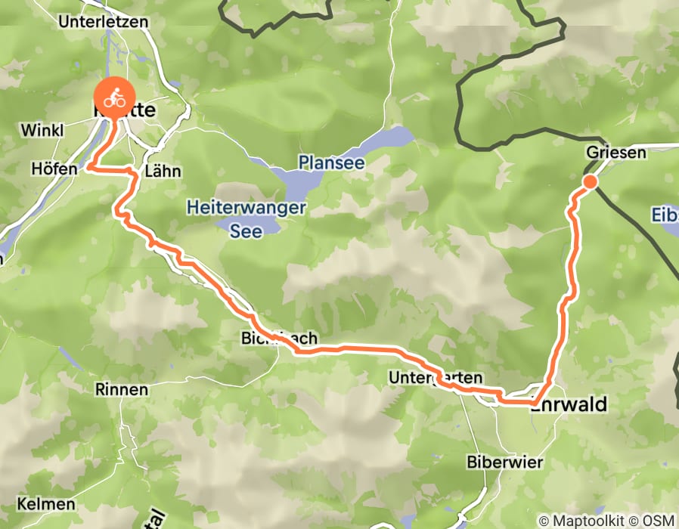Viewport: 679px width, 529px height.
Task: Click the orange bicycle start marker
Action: point(115,97)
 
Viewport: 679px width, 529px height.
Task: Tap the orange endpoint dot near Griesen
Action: point(590,181)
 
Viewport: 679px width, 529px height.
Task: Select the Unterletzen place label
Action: point(104,22)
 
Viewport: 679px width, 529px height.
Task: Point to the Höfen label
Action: point(54,169)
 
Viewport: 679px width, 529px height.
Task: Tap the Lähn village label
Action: point(162,172)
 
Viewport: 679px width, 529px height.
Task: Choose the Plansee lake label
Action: point(331,162)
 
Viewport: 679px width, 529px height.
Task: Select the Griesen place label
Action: point(616,153)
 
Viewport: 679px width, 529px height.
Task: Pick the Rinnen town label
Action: point(122,389)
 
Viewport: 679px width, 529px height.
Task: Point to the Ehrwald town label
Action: point(569,405)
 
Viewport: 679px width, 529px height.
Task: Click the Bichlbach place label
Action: point(279,338)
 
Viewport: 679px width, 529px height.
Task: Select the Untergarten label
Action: point(435,377)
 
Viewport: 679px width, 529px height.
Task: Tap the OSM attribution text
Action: point(657,521)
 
